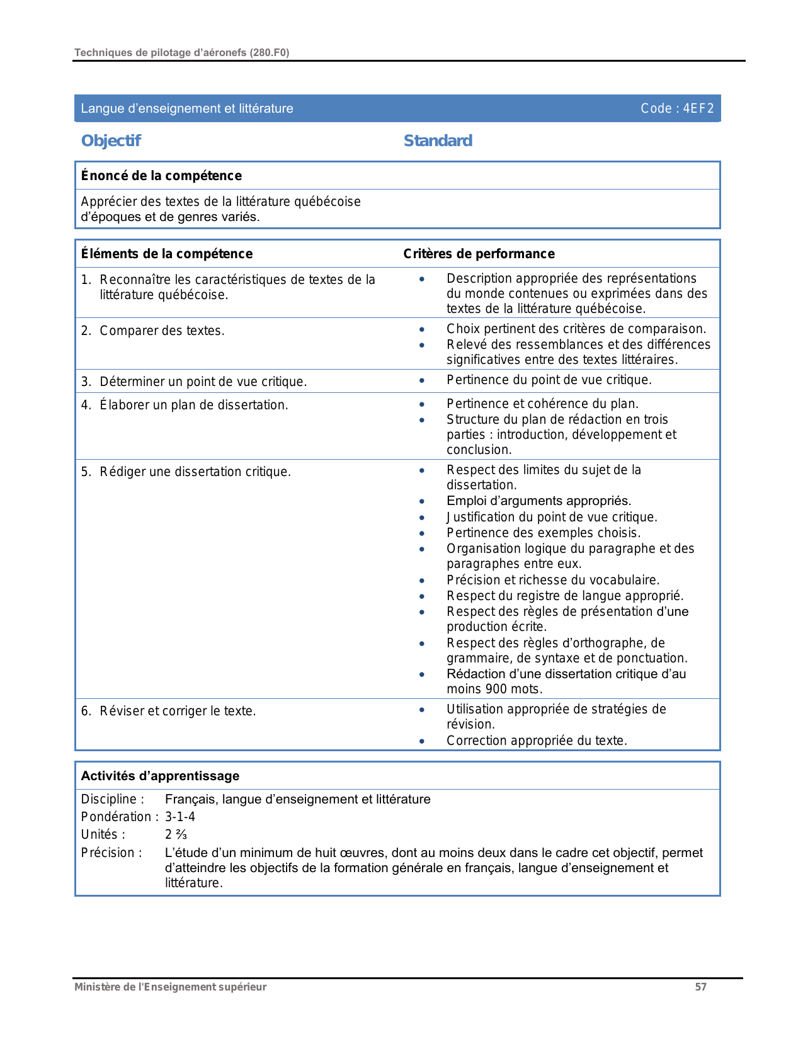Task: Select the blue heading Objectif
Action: [x=111, y=140]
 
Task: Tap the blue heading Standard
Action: [x=438, y=140]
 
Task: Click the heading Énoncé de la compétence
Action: [x=161, y=176]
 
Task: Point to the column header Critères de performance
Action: [x=479, y=254]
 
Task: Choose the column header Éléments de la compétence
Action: [x=167, y=254]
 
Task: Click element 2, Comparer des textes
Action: [x=162, y=331]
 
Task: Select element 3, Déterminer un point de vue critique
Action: [x=203, y=382]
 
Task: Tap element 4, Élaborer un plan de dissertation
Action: [x=193, y=405]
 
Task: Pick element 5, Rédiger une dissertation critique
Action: [x=195, y=472]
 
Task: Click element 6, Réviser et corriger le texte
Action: [x=178, y=711]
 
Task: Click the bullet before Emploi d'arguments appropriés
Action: [x=422, y=501]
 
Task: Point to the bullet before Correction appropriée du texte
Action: [x=422, y=741]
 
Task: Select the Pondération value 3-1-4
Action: [x=180, y=817]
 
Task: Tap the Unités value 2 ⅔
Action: [x=176, y=835]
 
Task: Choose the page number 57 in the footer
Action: [x=700, y=987]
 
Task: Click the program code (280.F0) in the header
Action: [x=270, y=52]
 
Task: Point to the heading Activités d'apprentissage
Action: [x=160, y=776]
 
